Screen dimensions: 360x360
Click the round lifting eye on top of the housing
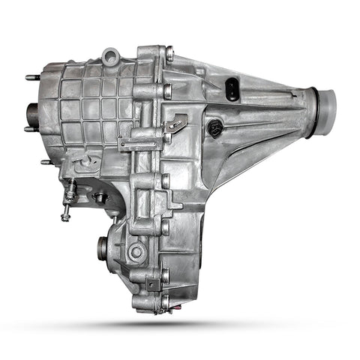pos(112,55)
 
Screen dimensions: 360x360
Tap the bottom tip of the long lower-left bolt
pos(66,218)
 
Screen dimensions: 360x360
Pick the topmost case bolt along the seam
pos(169,53)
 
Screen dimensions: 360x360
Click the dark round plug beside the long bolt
pos(99,198)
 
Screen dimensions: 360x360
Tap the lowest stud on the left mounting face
pos(46,161)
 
